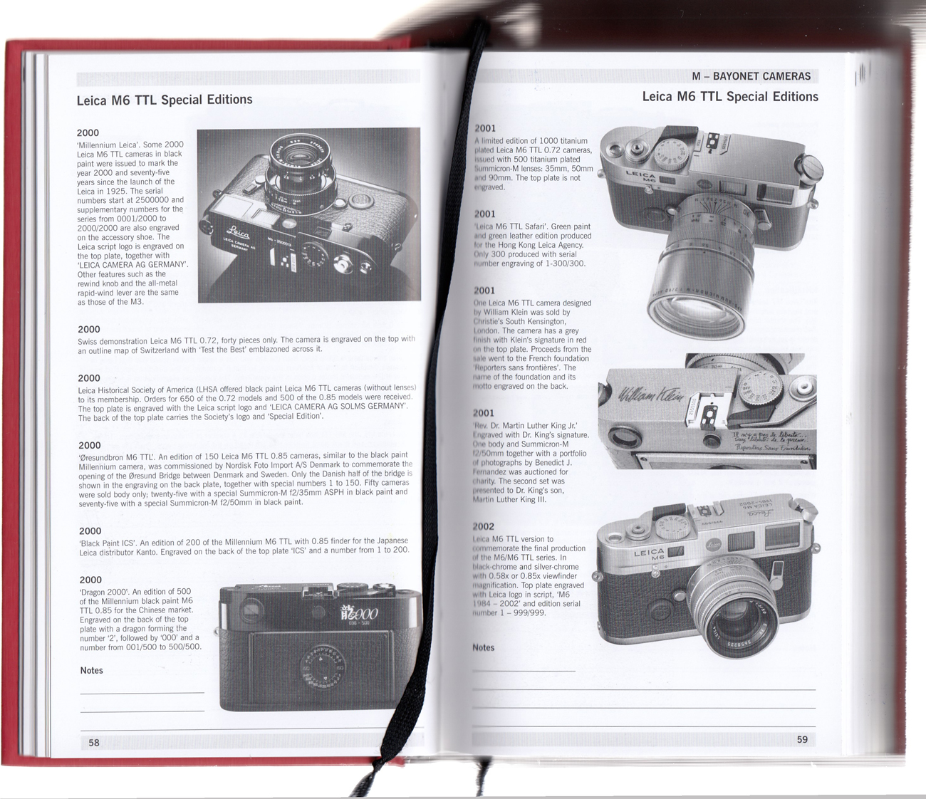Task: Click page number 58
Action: [94, 742]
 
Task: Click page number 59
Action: [802, 739]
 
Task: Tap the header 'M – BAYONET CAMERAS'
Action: [751, 76]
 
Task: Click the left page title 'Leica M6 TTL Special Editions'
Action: [165, 100]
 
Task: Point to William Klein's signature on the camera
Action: [651, 395]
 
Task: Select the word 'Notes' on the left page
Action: [91, 671]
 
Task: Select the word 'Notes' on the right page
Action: [484, 647]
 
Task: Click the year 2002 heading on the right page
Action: [484, 527]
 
